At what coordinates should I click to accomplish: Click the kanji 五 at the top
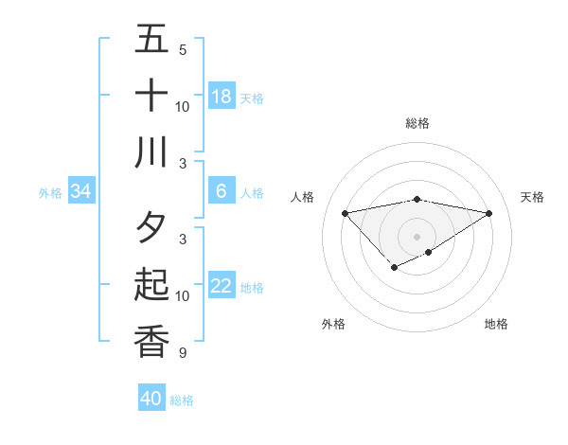coord(151,39)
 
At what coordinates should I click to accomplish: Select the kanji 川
coord(151,152)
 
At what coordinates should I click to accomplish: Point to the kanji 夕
coord(151,228)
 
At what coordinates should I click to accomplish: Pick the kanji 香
coord(151,342)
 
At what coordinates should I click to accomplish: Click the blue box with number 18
coord(222,97)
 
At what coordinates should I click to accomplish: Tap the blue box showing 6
coord(222,191)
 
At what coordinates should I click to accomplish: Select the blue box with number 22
coord(222,286)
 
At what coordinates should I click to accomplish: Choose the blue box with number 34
coord(81,191)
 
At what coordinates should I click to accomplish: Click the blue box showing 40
coord(151,399)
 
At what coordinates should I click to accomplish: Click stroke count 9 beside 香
coord(183,353)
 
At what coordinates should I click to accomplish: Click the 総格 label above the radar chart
coord(417,123)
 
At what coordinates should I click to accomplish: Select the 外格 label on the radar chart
coord(333,324)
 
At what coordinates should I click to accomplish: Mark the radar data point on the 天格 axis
coord(489,213)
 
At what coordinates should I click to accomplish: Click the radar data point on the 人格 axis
coord(345,212)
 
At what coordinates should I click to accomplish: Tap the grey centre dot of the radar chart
coord(417,236)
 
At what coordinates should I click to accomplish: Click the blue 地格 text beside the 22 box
coord(252,287)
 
